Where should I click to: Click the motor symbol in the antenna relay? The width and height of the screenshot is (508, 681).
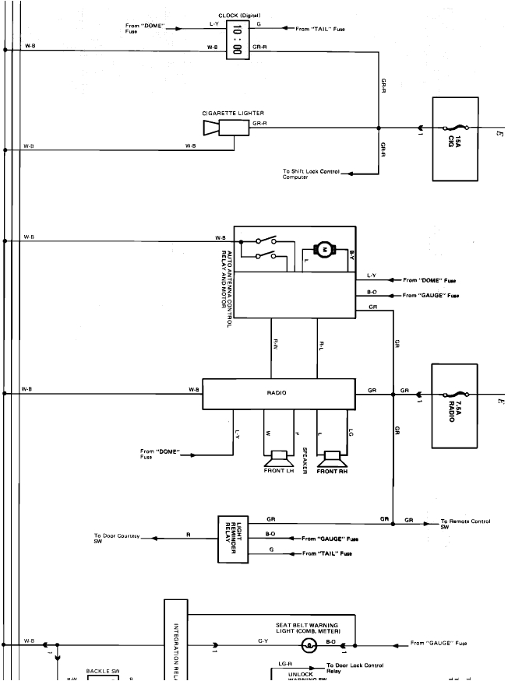[323, 248]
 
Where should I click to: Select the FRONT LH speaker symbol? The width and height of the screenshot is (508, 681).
[278, 458]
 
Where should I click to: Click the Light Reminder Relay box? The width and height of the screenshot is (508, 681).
[233, 538]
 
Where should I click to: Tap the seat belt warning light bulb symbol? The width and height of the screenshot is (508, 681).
[309, 644]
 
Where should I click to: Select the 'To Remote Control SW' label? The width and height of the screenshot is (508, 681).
[465, 523]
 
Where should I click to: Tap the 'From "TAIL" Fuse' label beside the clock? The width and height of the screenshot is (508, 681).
[320, 30]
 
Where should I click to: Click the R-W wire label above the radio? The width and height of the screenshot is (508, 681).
[275, 343]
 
